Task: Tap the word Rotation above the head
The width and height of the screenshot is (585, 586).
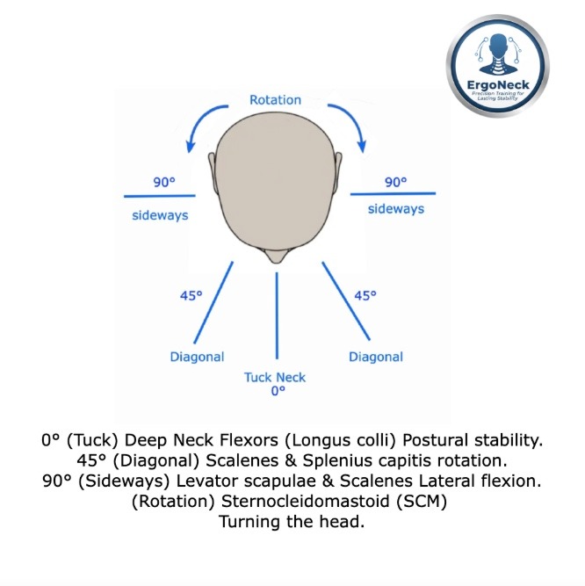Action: pos(275,100)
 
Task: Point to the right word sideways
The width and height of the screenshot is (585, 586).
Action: pos(395,209)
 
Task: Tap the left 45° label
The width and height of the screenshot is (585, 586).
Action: pos(191,296)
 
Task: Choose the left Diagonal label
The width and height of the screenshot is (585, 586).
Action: pos(197,357)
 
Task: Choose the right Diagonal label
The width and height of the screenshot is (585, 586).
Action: pos(376,357)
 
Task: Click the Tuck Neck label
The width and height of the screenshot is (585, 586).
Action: pos(276,377)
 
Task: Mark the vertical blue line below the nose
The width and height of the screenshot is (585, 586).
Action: pos(277,316)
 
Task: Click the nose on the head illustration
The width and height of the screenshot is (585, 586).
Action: pos(277,257)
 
